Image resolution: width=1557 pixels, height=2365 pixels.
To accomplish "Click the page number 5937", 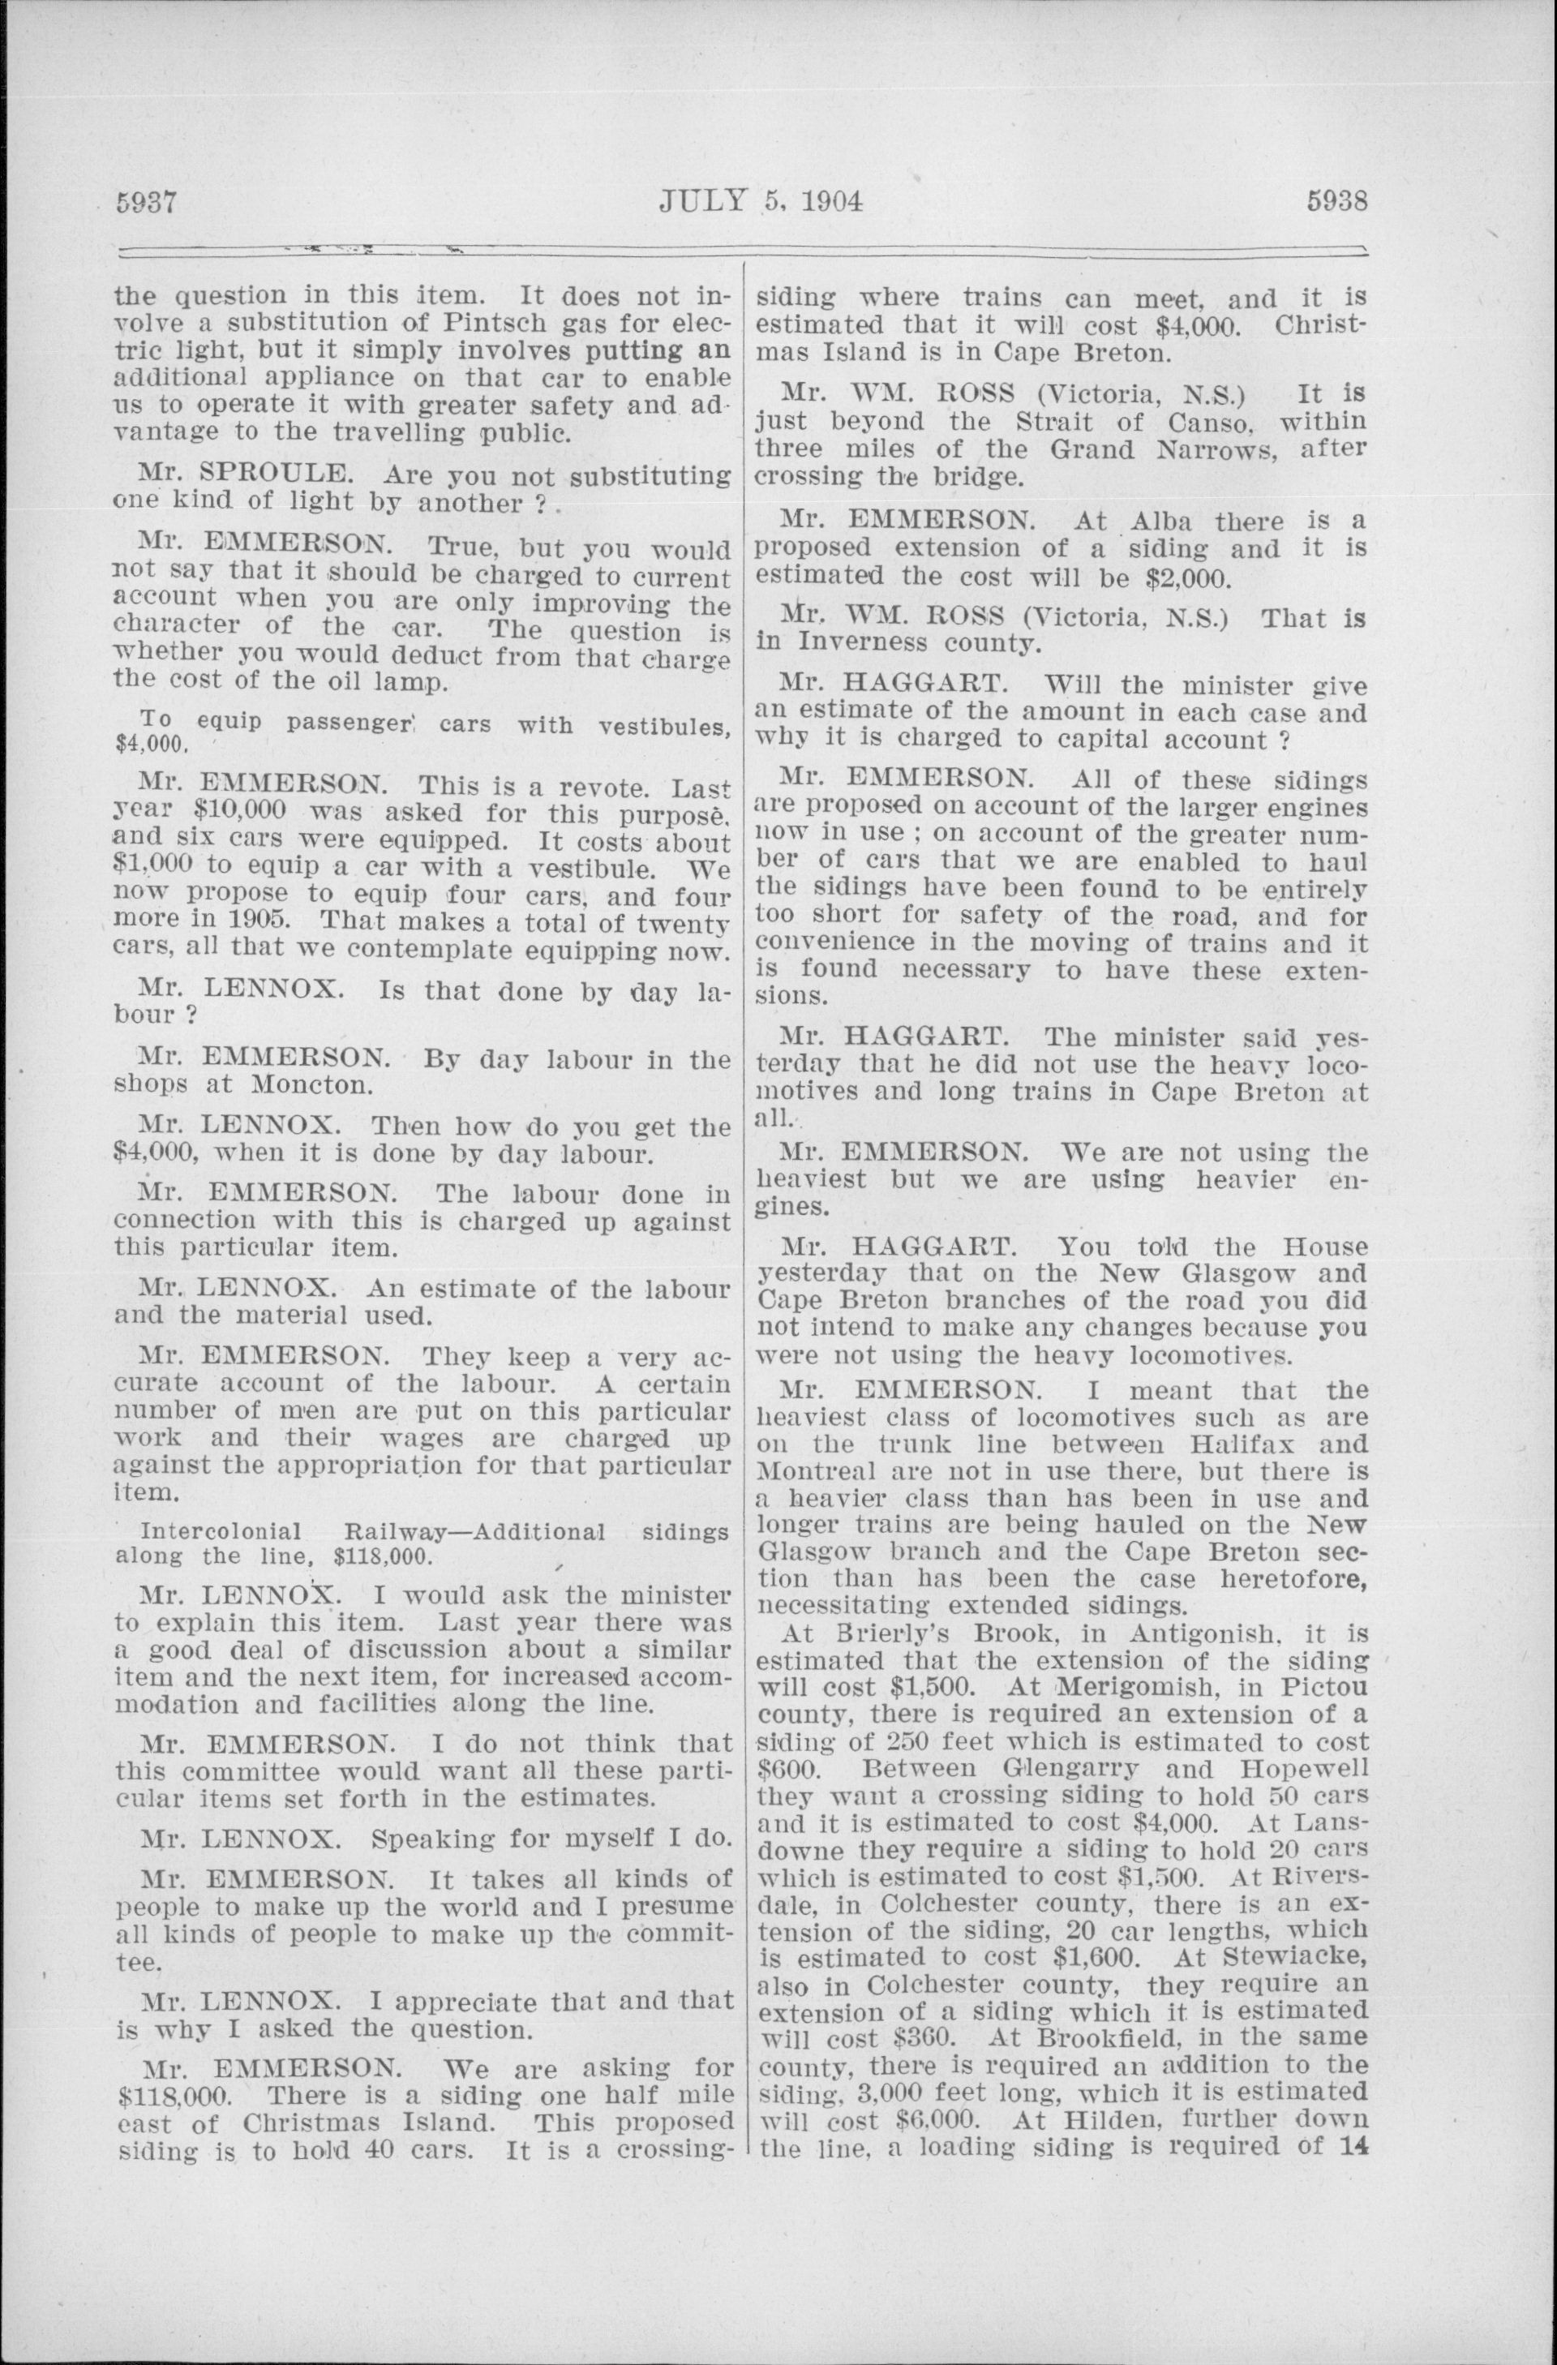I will click(x=146, y=203).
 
